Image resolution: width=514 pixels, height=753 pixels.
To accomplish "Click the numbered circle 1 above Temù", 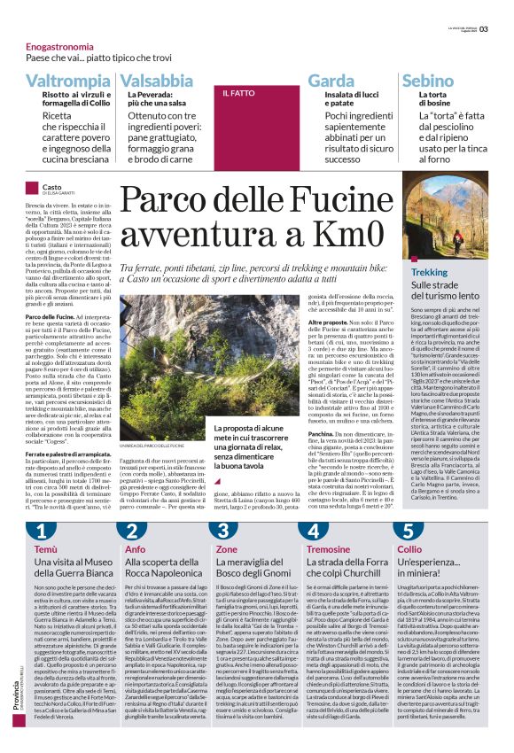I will (x=41, y=531).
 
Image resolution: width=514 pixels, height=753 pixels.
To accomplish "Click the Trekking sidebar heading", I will (x=430, y=272).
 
